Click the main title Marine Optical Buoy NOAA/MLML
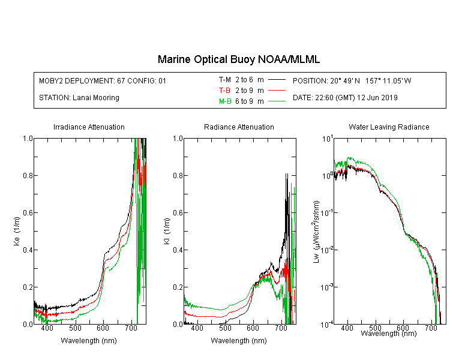(x=239, y=59)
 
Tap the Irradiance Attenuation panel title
(x=89, y=127)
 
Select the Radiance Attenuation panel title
(x=239, y=127)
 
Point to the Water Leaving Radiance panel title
(x=389, y=127)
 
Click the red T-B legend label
(x=224, y=91)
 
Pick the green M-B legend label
(x=225, y=101)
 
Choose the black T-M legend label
(x=225, y=80)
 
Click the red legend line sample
(x=277, y=91)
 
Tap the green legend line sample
(x=277, y=101)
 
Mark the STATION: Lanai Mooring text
(x=79, y=98)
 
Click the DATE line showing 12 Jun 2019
(x=345, y=98)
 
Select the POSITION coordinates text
(x=352, y=80)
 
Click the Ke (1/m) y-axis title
(x=17, y=231)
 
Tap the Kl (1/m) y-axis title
(x=167, y=231)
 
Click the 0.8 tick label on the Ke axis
(x=28, y=175)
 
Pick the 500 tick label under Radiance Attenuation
(x=225, y=328)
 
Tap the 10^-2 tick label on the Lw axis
(x=326, y=250)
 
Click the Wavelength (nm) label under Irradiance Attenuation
(x=89, y=340)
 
